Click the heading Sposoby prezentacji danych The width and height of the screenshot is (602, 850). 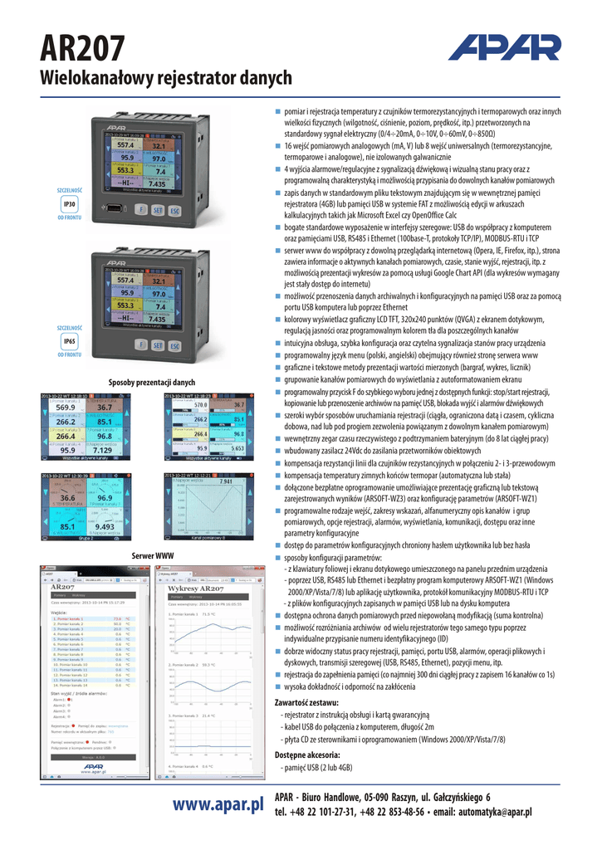152,383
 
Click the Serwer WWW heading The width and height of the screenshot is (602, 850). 153,554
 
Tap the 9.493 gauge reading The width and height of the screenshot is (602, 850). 105,526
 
